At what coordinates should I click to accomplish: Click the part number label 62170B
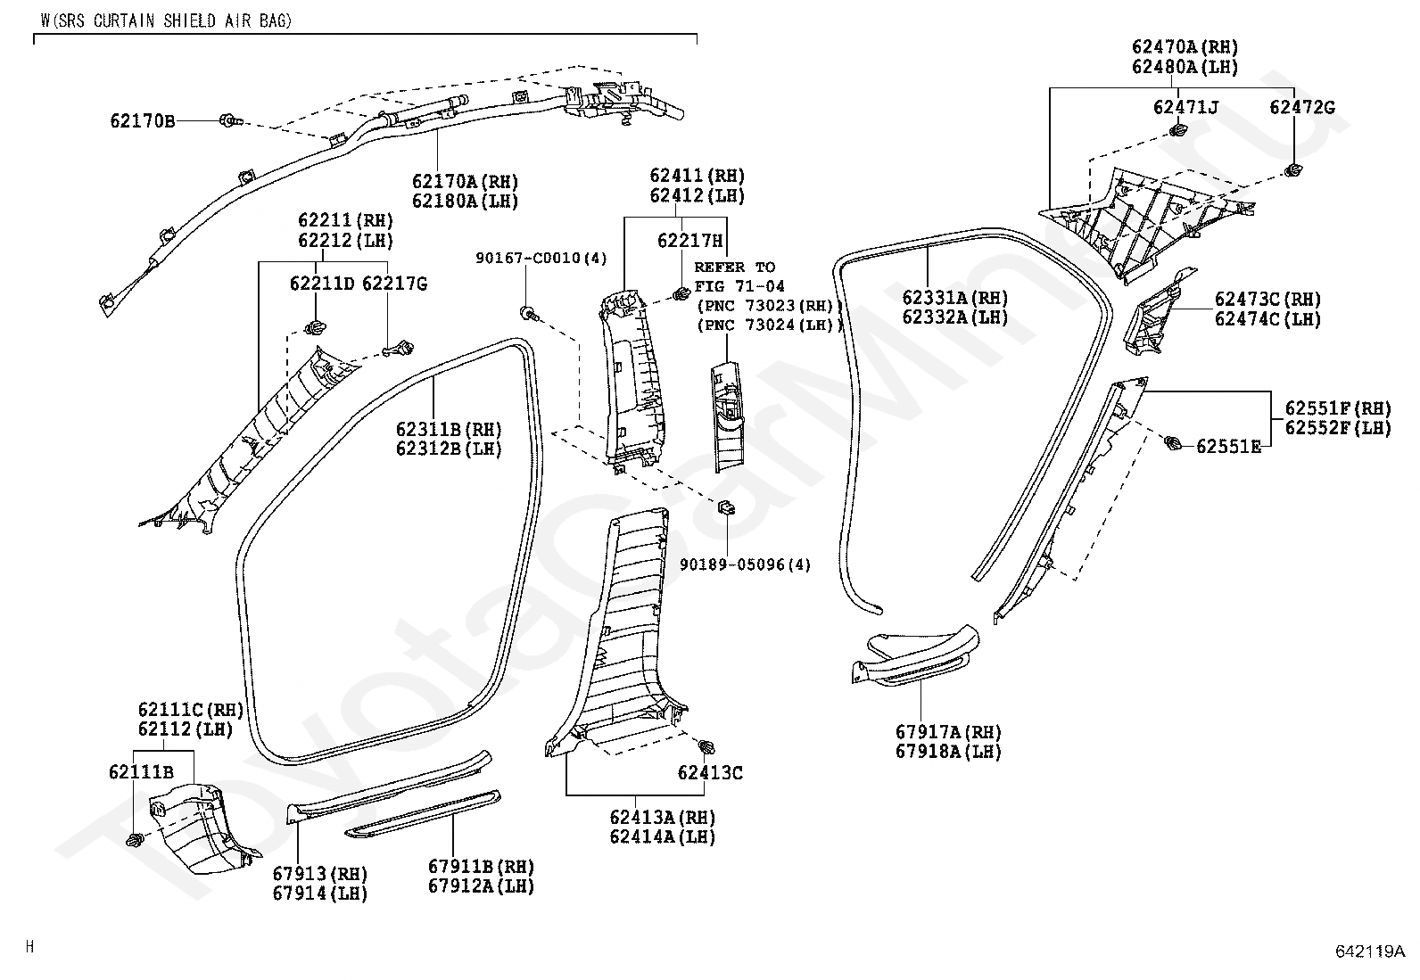143,121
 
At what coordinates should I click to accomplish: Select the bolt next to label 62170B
230,119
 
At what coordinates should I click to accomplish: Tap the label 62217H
689,240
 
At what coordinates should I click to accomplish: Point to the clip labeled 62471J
1177,131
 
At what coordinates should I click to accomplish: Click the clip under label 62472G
1293,170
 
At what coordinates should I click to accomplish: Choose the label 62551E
1228,447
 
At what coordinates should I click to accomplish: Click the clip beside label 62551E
1173,442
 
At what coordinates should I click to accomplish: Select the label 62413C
710,773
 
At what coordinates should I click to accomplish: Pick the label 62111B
141,772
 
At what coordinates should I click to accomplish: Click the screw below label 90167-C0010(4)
529,312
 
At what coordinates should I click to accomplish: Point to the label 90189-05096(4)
746,564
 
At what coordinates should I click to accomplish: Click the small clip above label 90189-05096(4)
726,507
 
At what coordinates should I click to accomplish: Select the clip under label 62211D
315,328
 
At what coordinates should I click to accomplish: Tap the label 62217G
395,284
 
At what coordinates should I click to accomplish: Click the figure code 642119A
1371,951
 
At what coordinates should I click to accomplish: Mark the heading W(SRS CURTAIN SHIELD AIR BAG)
166,21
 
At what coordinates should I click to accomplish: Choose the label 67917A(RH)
948,732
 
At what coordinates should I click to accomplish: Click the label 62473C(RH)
1267,299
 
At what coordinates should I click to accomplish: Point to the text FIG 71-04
739,286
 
